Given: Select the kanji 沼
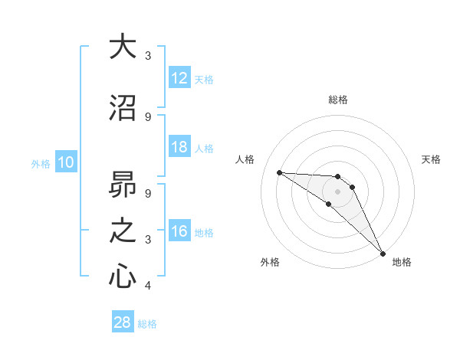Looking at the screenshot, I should pyautogui.click(x=123, y=107).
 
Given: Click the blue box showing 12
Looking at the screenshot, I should pyautogui.click(x=179, y=78).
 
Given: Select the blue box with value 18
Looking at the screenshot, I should pyautogui.click(x=179, y=147).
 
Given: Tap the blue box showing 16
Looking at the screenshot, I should pyautogui.click(x=179, y=231).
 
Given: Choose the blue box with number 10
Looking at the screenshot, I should pyautogui.click(x=66, y=162).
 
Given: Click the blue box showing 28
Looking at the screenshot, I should pyautogui.click(x=123, y=322).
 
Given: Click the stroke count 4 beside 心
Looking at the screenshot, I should pyautogui.click(x=148, y=286).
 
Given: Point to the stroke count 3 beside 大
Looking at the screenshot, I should pyautogui.click(x=148, y=56).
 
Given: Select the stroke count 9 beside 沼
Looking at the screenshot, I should pyautogui.click(x=148, y=116).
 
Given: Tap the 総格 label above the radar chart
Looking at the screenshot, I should pyautogui.click(x=337, y=100).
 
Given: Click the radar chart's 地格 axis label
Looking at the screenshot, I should pyautogui.click(x=402, y=262).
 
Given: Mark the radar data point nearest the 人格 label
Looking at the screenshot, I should pyautogui.click(x=279, y=172).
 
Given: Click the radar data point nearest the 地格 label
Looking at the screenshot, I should pyautogui.click(x=382, y=252).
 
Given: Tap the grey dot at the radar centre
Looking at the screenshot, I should pyautogui.click(x=337, y=191).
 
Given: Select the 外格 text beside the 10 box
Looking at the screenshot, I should pyautogui.click(x=41, y=163).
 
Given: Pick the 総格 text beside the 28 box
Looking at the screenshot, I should pyautogui.click(x=147, y=324).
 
